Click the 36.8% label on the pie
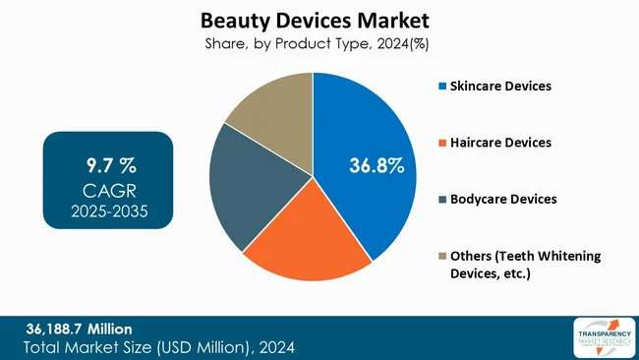point(377,165)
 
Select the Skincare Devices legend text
point(500,87)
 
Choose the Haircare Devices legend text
point(500,143)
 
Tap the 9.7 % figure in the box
point(108,160)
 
